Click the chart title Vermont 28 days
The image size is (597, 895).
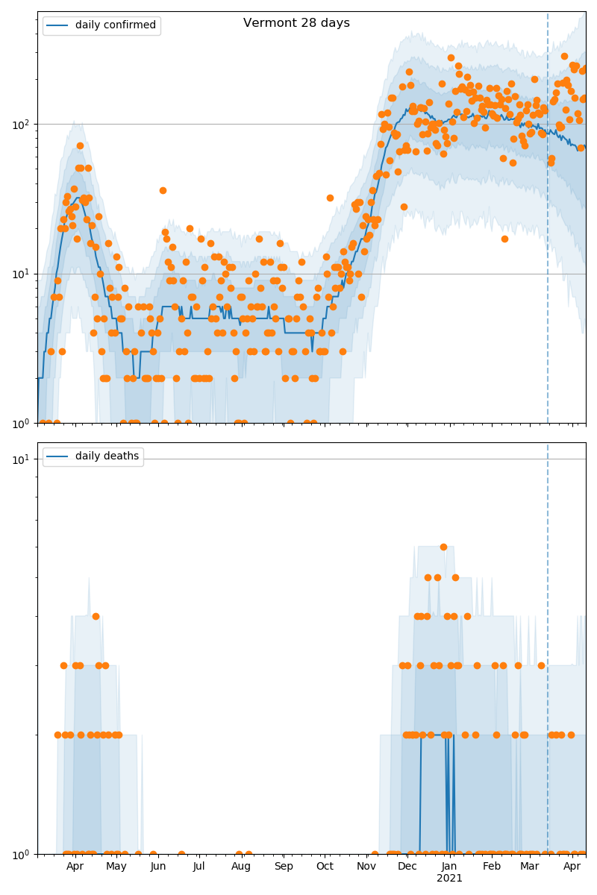pos(296,23)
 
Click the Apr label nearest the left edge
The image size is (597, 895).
pos(75,866)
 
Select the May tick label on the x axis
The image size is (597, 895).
pos(116,866)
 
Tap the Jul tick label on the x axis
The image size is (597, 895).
pos(199,866)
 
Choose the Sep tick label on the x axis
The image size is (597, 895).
pos(284,866)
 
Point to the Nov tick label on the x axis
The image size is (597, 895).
pos(366,866)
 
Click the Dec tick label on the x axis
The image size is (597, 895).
pos(407,866)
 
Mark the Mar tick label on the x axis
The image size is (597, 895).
pos(530,866)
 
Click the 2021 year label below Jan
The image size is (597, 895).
pos(449,878)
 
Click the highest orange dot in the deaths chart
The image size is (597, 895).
pos(443,547)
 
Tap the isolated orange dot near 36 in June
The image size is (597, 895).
pos(163,190)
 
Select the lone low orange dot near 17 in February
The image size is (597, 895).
pos(504,239)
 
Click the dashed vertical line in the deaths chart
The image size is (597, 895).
pos(548,597)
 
